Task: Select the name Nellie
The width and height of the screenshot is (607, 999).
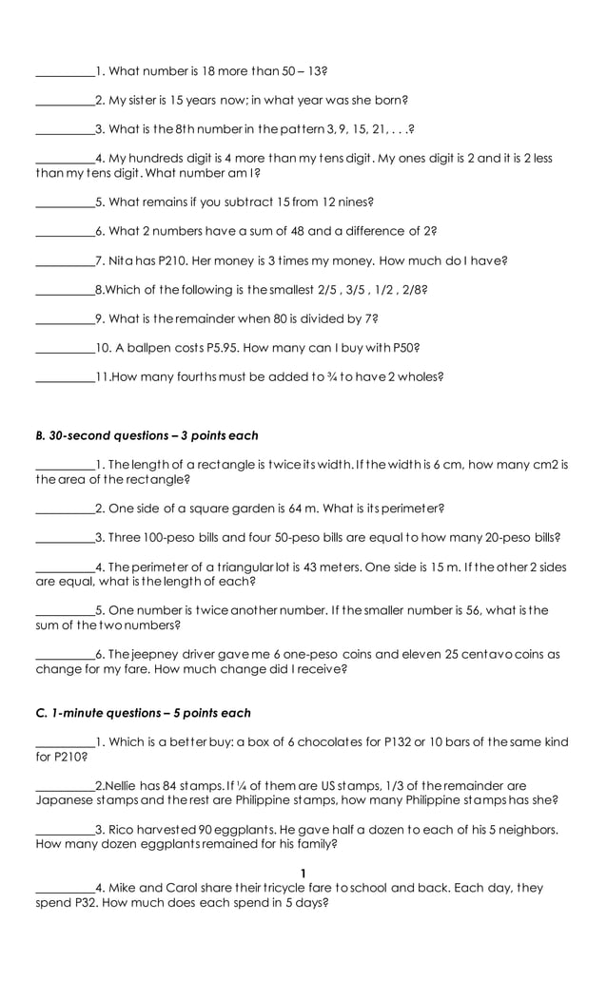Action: [x=120, y=786]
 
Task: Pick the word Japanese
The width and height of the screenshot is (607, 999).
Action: [x=65, y=800]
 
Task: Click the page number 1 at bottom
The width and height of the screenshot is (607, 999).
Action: [x=303, y=874]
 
